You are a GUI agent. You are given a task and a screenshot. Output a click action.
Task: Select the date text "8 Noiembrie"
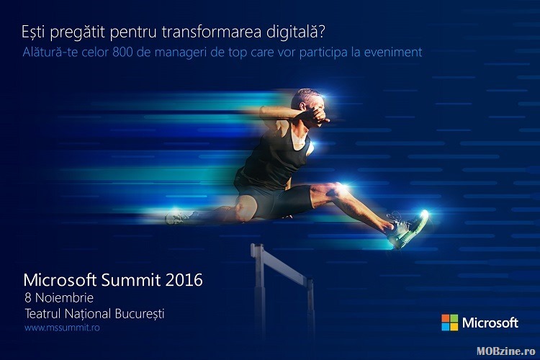tap(59, 297)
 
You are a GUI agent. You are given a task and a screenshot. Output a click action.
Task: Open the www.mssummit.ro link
tap(62, 328)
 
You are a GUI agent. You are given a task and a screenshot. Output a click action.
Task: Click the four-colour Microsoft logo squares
tap(450, 323)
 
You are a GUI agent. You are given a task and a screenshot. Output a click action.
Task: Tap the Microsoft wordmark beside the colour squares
tap(490, 323)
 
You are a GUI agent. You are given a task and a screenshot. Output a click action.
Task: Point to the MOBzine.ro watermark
tap(506, 351)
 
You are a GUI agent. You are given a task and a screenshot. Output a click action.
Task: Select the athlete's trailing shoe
tap(179, 217)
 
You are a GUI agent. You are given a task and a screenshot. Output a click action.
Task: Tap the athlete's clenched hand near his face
tap(318, 115)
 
